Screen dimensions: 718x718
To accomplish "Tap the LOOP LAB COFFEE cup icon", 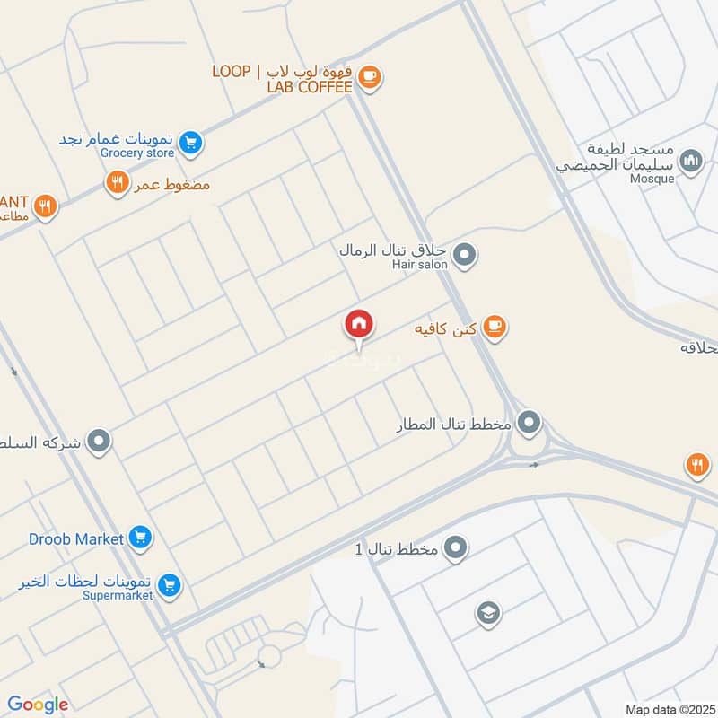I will coord(368,78).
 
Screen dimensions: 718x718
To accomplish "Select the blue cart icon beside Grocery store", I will coord(189,142).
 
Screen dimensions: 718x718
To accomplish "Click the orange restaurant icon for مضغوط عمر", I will coord(117,184).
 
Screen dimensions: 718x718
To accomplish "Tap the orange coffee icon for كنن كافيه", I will coord(493,328).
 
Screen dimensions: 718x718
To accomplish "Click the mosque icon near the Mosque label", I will coord(690,162).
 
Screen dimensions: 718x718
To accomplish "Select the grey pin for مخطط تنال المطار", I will coord(530,421).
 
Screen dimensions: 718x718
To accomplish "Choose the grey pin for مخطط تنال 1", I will coord(456,547).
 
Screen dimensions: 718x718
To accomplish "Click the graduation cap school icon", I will coord(488,614).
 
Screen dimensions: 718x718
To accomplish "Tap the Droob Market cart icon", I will coord(139,538).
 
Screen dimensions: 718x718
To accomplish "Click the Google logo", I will coord(38,705).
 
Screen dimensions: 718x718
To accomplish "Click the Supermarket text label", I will coord(118,595).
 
